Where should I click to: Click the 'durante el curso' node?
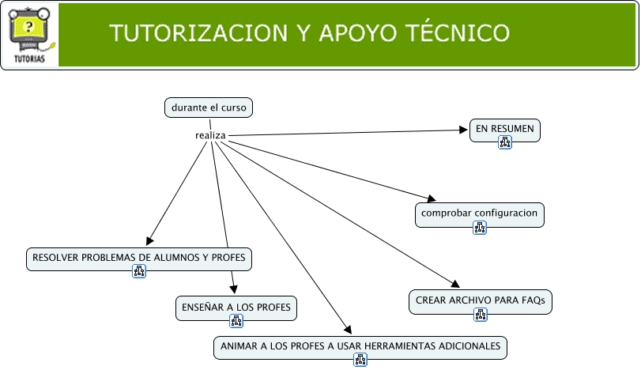[x=209, y=108]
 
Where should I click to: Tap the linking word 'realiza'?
[x=210, y=135]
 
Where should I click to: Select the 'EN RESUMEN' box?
[x=504, y=128]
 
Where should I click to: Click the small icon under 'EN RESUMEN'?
[x=505, y=142]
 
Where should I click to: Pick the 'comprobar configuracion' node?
[x=480, y=213]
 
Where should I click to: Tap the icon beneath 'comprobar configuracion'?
[x=480, y=228]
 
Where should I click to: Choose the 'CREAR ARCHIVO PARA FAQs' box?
[x=480, y=300]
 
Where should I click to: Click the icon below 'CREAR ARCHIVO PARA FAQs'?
[x=480, y=315]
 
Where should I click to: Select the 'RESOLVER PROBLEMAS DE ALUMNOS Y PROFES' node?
[x=139, y=258]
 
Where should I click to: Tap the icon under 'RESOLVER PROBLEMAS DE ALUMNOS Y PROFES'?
[x=139, y=272]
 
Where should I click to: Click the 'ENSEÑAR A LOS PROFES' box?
[x=236, y=307]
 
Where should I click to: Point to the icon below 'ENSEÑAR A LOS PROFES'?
[x=236, y=321]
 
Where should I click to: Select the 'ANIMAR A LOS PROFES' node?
[x=360, y=346]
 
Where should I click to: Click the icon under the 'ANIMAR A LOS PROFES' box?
[x=360, y=361]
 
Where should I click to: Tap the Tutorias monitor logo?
[x=29, y=34]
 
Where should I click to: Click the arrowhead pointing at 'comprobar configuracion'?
[x=431, y=198]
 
